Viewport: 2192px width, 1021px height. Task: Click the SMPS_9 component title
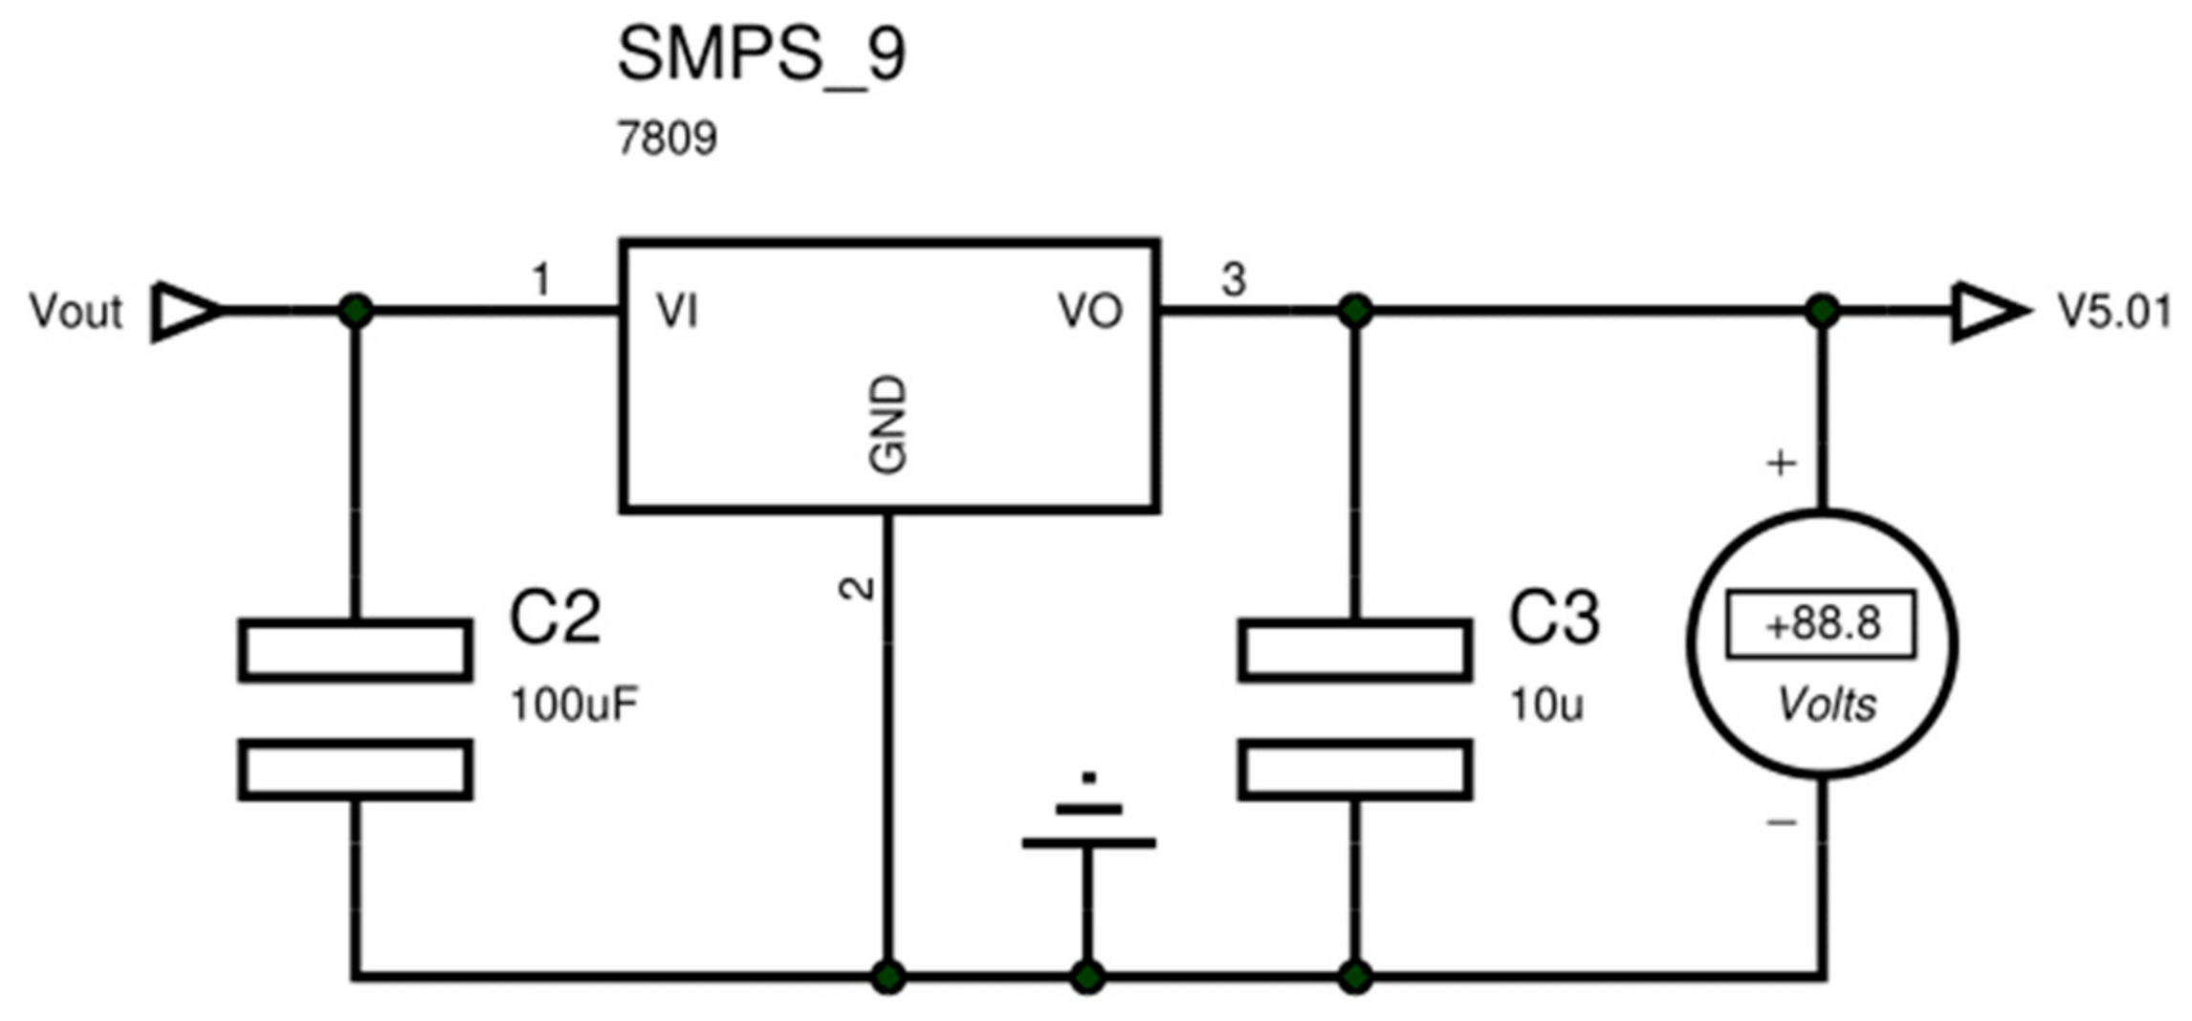pyautogui.click(x=760, y=55)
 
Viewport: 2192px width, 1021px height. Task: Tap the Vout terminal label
pyautogui.click(x=76, y=312)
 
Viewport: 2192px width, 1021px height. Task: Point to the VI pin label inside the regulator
pyautogui.click(x=677, y=312)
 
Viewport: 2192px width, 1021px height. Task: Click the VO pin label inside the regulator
pyautogui.click(x=1089, y=312)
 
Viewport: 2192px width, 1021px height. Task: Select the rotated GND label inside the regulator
pyautogui.click(x=888, y=424)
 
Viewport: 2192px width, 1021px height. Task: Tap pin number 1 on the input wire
pyautogui.click(x=541, y=280)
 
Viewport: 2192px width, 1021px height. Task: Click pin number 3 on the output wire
pyautogui.click(x=1234, y=280)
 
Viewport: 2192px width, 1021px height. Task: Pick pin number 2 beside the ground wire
pyautogui.click(x=857, y=588)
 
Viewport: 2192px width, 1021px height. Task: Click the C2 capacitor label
pyautogui.click(x=555, y=618)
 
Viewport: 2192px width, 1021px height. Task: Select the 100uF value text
pyautogui.click(x=574, y=706)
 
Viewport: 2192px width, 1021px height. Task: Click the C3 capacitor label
pyautogui.click(x=1553, y=618)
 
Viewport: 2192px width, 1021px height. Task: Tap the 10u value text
pyautogui.click(x=1545, y=706)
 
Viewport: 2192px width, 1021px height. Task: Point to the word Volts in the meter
pyautogui.click(x=1826, y=705)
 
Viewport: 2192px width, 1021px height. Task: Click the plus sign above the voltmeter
pyautogui.click(x=1780, y=464)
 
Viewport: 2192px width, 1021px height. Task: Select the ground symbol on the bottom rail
pyautogui.click(x=1088, y=827)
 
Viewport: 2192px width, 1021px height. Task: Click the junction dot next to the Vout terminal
pyautogui.click(x=356, y=311)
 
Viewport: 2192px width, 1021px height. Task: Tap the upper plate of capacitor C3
pyautogui.click(x=1354, y=650)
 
